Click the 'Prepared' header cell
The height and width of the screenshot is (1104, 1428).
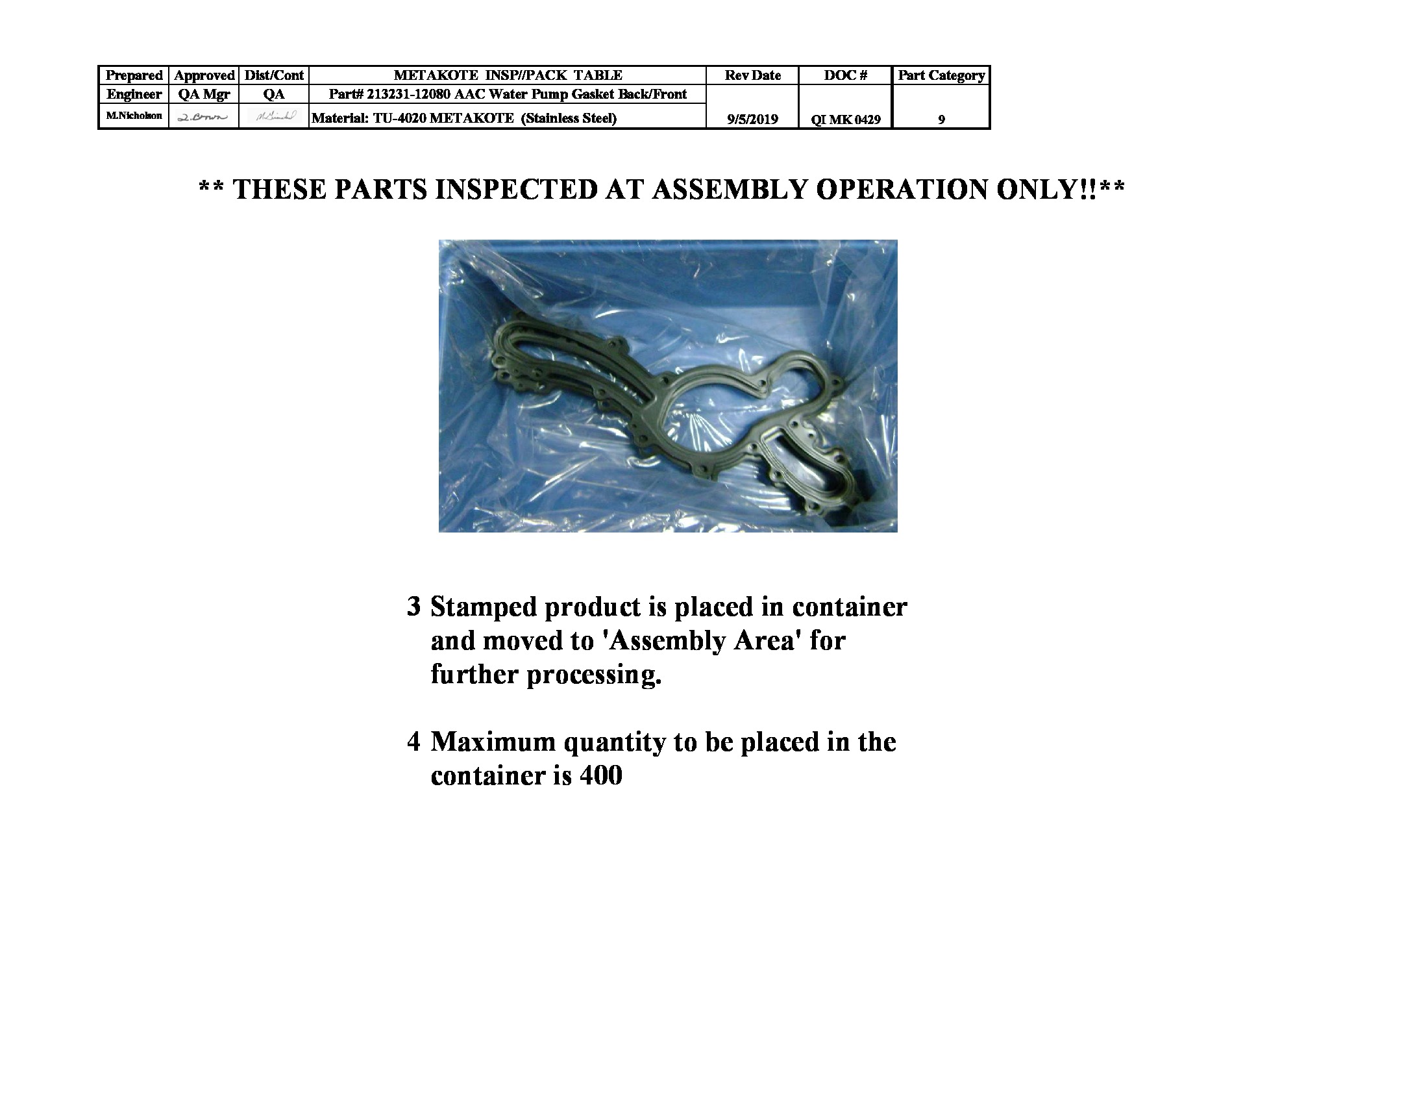(133, 75)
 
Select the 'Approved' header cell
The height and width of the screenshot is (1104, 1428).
(204, 75)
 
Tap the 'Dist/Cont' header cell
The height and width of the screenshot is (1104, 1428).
(274, 75)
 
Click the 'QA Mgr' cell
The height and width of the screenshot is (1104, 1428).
(204, 94)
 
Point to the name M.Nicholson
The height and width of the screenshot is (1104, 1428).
(134, 116)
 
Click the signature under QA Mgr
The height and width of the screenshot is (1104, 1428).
(203, 117)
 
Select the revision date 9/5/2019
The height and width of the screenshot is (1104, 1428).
(752, 119)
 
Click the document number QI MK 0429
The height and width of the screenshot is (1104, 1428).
(845, 119)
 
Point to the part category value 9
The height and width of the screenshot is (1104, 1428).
(941, 119)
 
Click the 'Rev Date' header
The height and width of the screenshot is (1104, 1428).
(752, 75)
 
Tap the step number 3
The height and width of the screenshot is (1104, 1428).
(413, 607)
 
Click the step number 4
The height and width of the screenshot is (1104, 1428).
(413, 742)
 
